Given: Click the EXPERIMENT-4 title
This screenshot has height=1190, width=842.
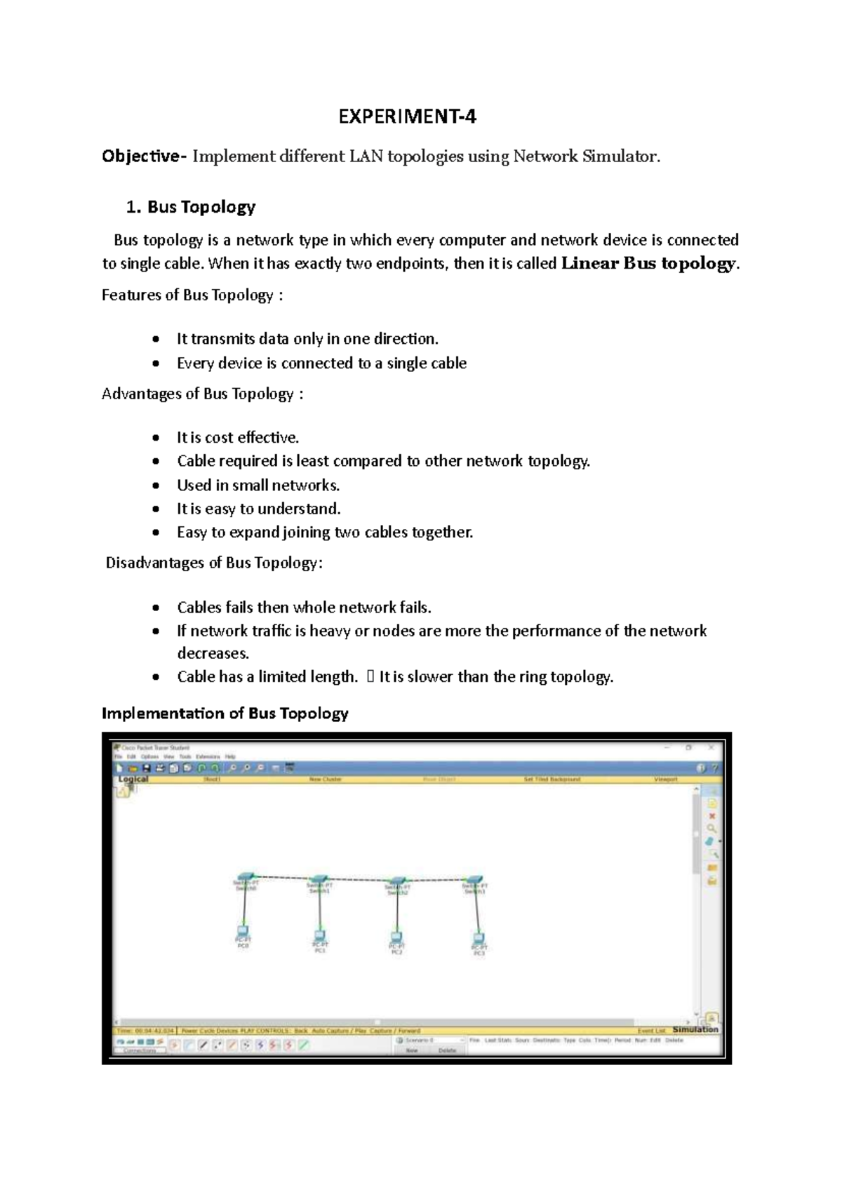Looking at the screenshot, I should [407, 116].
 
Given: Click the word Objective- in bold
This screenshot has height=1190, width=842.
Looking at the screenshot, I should [144, 156].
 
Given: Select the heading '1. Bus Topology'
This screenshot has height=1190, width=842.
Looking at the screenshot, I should [190, 207].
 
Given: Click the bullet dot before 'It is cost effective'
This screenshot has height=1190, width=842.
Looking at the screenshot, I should [156, 438].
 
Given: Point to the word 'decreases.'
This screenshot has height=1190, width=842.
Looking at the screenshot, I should [213, 653].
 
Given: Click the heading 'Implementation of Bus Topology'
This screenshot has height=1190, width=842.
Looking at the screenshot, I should [225, 714].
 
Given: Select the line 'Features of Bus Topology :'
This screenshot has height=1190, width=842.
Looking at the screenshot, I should [192, 295].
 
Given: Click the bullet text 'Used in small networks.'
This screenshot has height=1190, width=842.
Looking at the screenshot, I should [258, 486].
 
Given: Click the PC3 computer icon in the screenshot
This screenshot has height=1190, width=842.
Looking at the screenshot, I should [479, 938].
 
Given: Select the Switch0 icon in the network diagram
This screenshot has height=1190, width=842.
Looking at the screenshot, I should [246, 877].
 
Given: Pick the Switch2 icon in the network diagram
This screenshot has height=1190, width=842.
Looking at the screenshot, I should [398, 881].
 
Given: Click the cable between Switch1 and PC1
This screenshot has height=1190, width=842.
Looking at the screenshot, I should [319, 909].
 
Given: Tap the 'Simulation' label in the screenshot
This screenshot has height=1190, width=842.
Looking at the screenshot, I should [695, 1029].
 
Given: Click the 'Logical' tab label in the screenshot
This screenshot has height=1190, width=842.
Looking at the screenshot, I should [133, 779].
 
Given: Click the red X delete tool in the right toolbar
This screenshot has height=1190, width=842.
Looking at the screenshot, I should [712, 816].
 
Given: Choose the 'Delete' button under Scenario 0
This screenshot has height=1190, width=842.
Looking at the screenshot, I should [447, 1050].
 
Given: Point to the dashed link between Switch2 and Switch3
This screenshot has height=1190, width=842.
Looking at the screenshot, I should [436, 879].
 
